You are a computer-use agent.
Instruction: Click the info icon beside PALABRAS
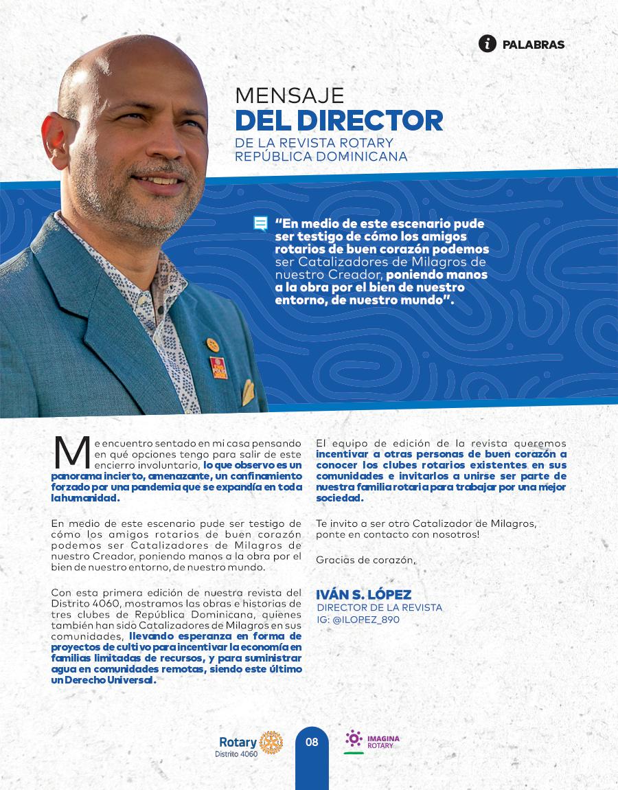point(488,44)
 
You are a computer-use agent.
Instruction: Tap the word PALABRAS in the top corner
point(534,45)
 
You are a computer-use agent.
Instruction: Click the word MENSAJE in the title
point(289,95)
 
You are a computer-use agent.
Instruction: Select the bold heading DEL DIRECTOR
point(339,120)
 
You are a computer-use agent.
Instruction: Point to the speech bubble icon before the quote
point(260,224)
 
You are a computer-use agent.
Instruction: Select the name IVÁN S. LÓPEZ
point(363,595)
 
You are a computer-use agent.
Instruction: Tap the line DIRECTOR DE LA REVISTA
point(379,608)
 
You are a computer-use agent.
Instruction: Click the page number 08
point(312,742)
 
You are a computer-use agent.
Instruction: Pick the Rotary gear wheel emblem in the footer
point(271,743)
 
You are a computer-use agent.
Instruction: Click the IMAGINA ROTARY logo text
point(383,742)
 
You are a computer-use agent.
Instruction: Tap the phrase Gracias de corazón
point(365,560)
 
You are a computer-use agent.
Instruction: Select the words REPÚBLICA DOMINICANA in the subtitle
point(321,156)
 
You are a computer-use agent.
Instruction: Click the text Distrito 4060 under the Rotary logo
point(236,754)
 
